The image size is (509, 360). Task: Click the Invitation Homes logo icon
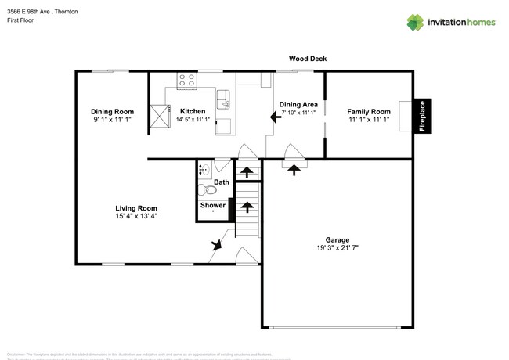(x=416, y=21)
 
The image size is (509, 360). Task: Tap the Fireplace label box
(x=421, y=117)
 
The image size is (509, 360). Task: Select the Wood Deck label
(x=308, y=59)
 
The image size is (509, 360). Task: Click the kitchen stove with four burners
(x=187, y=79)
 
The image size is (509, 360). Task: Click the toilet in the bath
(x=208, y=190)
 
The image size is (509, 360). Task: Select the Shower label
(x=212, y=205)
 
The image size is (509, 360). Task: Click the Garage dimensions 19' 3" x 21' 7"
(x=338, y=247)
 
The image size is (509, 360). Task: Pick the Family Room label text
(x=368, y=112)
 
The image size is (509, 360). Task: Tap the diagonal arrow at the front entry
(x=215, y=245)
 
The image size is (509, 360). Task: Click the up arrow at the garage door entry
(x=294, y=168)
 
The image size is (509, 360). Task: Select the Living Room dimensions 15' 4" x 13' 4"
(x=136, y=216)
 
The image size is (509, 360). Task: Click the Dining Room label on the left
(x=113, y=112)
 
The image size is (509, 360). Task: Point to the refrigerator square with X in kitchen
(x=160, y=117)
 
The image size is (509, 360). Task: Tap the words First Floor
(x=20, y=21)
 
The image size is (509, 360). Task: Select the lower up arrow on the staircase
(x=247, y=207)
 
